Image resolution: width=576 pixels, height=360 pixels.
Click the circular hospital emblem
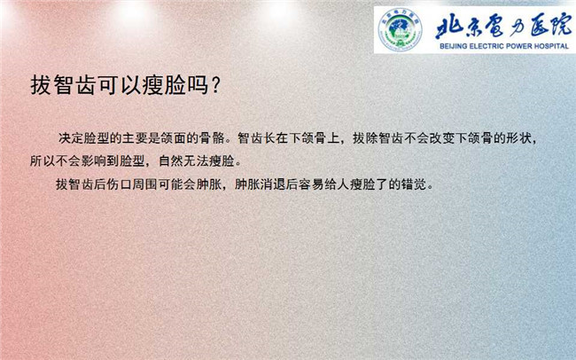(400, 29)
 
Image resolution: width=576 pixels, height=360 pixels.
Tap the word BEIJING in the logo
(454, 46)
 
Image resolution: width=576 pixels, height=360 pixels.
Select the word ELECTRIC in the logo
(486, 46)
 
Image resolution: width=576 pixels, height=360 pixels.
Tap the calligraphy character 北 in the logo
(449, 27)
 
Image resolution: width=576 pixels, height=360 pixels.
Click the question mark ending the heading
(216, 85)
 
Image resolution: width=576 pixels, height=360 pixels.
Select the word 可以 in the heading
(121, 85)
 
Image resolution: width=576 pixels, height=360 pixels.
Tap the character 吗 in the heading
(198, 85)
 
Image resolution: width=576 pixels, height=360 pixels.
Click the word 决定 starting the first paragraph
(71, 138)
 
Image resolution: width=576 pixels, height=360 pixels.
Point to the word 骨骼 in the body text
(212, 138)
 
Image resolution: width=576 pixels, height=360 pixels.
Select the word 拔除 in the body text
(366, 138)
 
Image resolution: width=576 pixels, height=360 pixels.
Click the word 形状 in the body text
(519, 138)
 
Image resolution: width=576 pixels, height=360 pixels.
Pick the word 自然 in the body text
(171, 161)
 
